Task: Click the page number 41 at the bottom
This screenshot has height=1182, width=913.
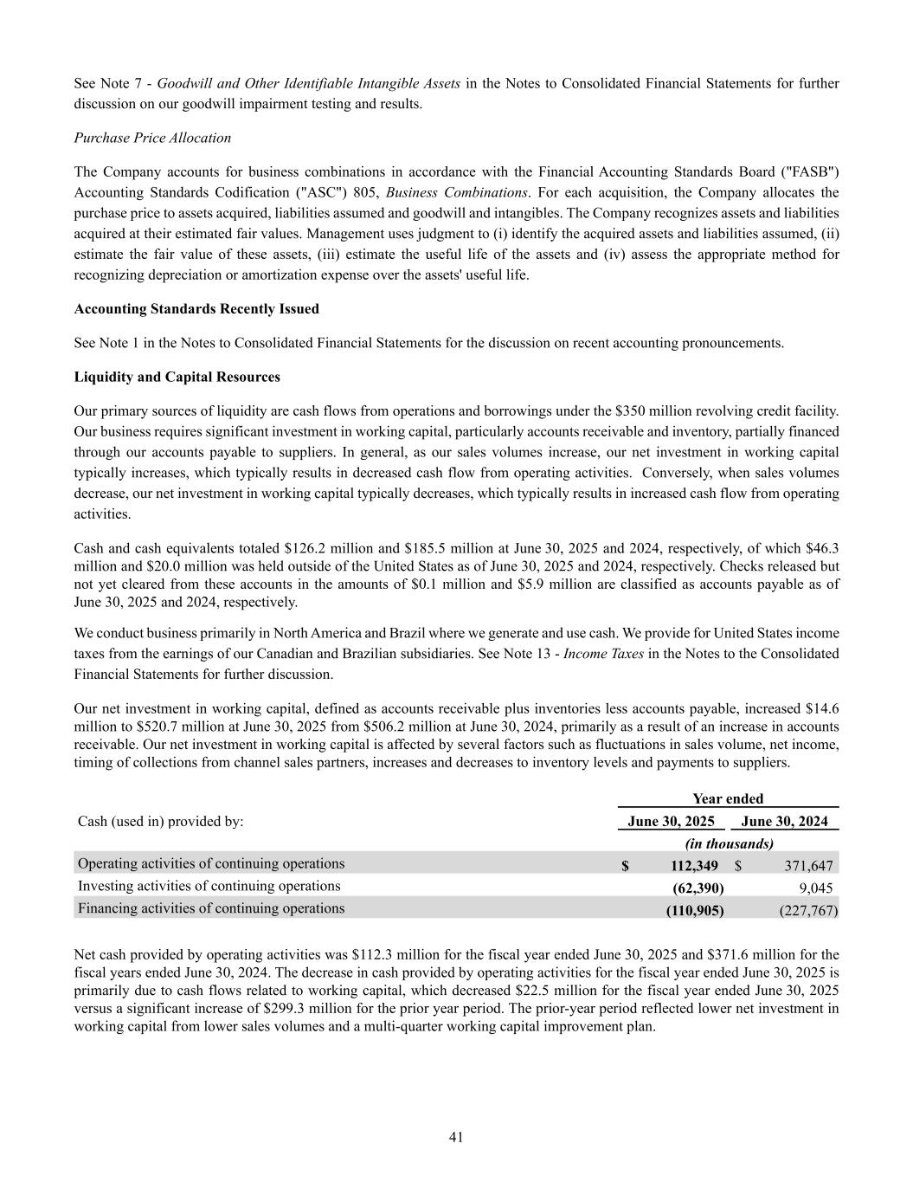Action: pyautogui.click(x=456, y=1137)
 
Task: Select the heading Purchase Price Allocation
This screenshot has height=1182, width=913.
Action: pyautogui.click(x=152, y=138)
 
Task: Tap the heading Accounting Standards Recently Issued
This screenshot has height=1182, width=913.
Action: pyautogui.click(x=196, y=309)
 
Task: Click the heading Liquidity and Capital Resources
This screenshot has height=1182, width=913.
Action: pyautogui.click(x=177, y=378)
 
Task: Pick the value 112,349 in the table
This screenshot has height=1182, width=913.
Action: pyautogui.click(x=694, y=866)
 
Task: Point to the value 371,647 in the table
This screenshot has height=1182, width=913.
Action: pyautogui.click(x=808, y=866)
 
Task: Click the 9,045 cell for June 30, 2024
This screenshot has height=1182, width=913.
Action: pyautogui.click(x=816, y=888)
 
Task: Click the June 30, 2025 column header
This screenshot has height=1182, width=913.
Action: pyautogui.click(x=671, y=822)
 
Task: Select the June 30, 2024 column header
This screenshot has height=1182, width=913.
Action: pyautogui.click(x=784, y=822)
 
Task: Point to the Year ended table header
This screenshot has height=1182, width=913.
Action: pyautogui.click(x=728, y=799)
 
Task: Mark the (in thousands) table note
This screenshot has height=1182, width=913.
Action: pyautogui.click(x=729, y=843)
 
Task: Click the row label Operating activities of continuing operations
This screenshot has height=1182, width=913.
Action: pyautogui.click(x=211, y=863)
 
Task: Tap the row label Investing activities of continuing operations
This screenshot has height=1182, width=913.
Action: pyautogui.click(x=209, y=886)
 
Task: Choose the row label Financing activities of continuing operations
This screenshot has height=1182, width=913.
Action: pyautogui.click(x=211, y=908)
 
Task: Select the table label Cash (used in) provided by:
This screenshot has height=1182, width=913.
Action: pyautogui.click(x=161, y=822)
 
